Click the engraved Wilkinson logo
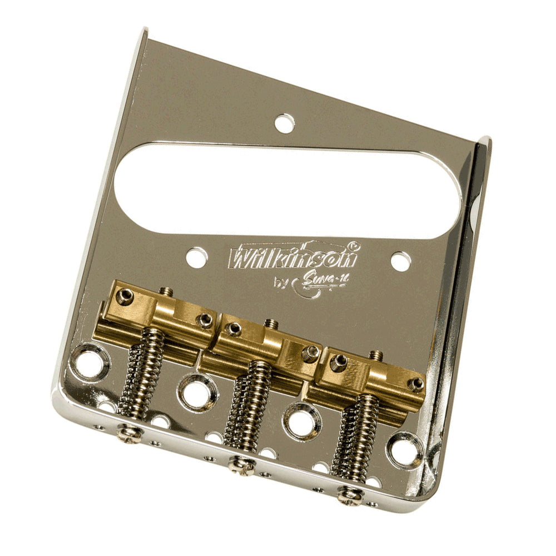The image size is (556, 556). click(293, 257)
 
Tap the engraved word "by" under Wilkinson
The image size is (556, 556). click(282, 282)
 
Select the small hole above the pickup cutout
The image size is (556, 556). click(284, 123)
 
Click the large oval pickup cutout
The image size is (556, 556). click(287, 188)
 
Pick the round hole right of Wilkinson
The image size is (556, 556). click(400, 261)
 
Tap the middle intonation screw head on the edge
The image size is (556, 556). click(241, 463)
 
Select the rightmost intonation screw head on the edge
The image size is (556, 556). click(349, 493)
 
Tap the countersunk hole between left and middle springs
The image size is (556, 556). click(196, 390)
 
